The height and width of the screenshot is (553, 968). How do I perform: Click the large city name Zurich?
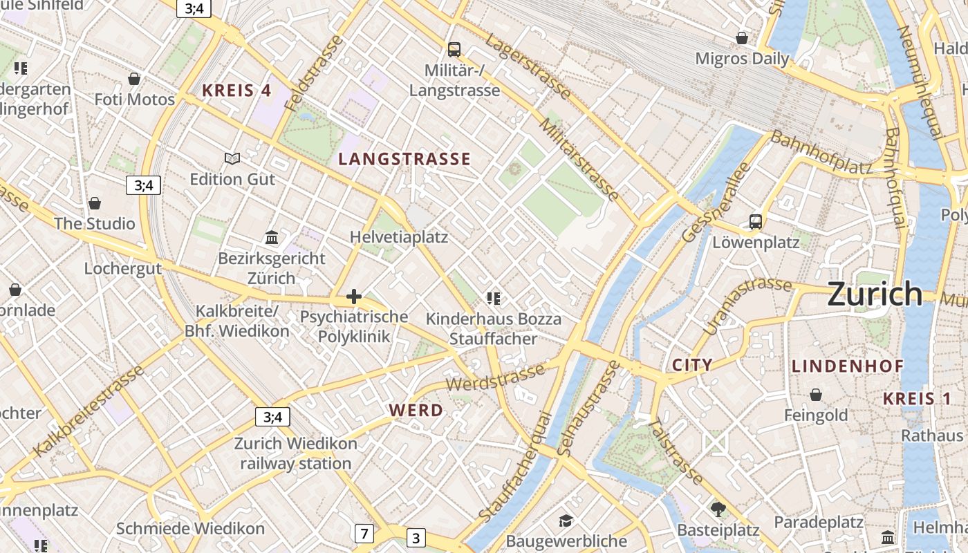[x=875, y=294]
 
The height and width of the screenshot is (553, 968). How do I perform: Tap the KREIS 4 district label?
[x=236, y=90]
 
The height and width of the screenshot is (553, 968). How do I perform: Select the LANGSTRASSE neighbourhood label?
[x=404, y=159]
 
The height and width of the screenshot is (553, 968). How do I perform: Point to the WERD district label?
[x=416, y=410]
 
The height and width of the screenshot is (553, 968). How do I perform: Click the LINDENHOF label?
[x=847, y=366]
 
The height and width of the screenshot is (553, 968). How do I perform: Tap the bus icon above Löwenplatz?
[x=756, y=222]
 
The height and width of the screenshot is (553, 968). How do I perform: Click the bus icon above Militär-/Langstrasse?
[x=454, y=50]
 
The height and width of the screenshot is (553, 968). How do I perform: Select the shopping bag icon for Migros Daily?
[x=742, y=38]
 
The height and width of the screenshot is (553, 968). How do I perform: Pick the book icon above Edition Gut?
[x=232, y=159]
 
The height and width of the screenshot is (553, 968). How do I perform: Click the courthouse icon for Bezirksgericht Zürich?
[x=272, y=238]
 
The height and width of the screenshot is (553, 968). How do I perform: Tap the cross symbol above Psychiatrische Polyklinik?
[x=354, y=297]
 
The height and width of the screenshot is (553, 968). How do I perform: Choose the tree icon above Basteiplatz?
[x=718, y=509]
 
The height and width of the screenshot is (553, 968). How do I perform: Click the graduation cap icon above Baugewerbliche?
[x=566, y=521]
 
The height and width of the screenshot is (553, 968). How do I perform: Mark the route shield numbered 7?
[x=364, y=534]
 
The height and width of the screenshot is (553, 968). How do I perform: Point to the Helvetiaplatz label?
[x=399, y=237]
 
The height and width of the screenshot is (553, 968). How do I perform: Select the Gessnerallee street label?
[x=716, y=202]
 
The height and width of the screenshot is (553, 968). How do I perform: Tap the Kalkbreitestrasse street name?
[x=89, y=411]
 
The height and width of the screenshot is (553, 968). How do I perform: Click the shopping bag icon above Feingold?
[x=816, y=395]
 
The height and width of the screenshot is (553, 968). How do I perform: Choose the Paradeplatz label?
[x=819, y=521]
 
